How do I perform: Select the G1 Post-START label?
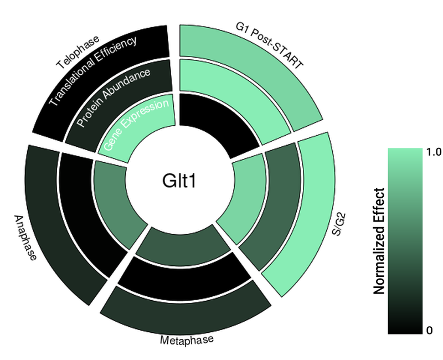[x=269, y=47]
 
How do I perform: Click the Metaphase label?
[x=187, y=340]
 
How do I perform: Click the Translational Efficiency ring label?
[x=93, y=71]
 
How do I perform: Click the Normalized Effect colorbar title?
[x=379, y=241]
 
